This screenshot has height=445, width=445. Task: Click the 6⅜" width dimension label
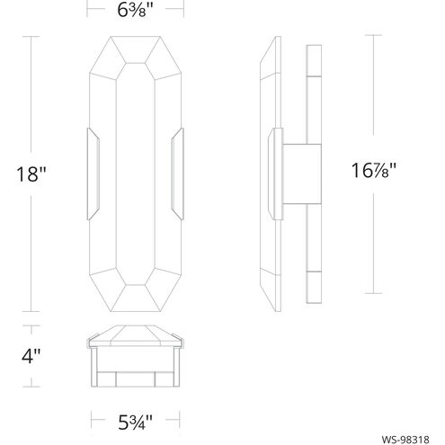(x=135, y=10)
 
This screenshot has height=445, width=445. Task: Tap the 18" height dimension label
(x=31, y=174)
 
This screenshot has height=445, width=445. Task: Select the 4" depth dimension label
(x=31, y=356)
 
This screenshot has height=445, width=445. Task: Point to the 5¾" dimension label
(x=135, y=423)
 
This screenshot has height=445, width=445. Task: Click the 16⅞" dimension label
(x=374, y=170)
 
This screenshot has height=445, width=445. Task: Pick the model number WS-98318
(x=405, y=440)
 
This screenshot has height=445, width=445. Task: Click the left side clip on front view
(x=93, y=174)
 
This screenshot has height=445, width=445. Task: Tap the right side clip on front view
(x=178, y=174)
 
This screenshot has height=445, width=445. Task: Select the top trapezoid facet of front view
(x=136, y=49)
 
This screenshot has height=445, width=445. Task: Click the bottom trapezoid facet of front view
(x=136, y=298)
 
